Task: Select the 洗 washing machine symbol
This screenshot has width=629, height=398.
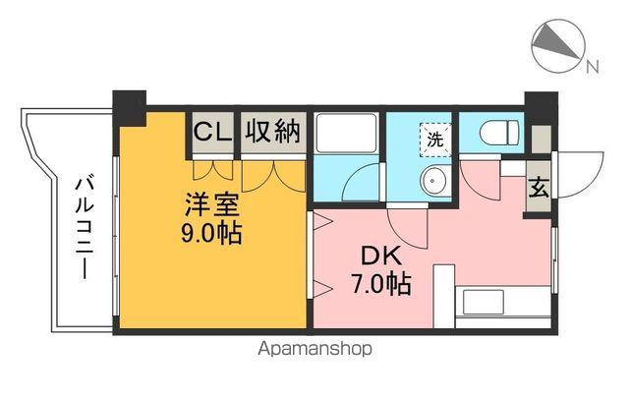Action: pyautogui.click(x=433, y=139)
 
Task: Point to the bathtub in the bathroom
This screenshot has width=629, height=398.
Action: pyautogui.click(x=345, y=135)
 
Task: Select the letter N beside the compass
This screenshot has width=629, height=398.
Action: pyautogui.click(x=592, y=67)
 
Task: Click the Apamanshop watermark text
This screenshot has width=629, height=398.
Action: pyautogui.click(x=315, y=348)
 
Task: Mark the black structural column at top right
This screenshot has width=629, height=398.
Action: pyautogui.click(x=539, y=104)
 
